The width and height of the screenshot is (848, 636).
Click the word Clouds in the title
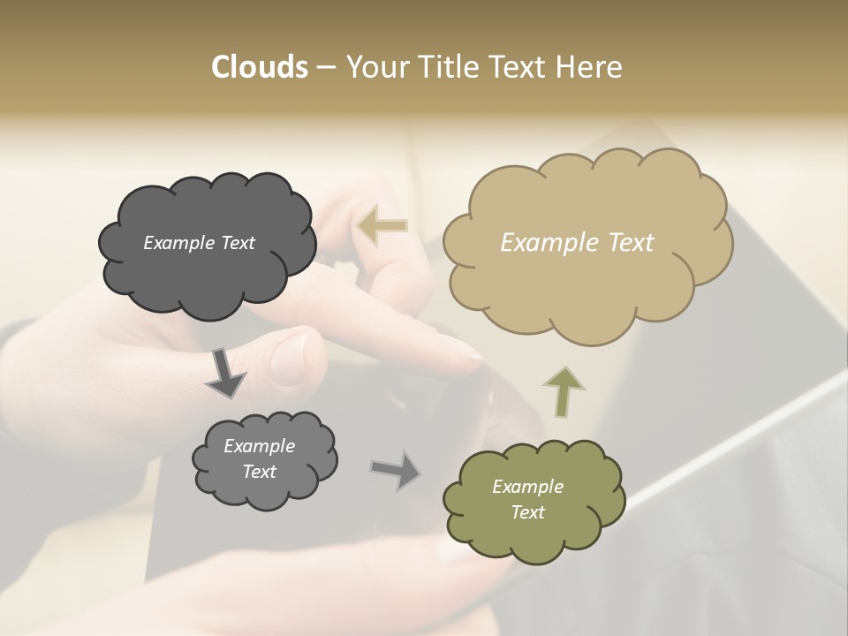(x=259, y=67)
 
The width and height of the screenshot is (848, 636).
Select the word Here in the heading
(x=590, y=67)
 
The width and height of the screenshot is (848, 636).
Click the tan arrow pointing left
(x=382, y=225)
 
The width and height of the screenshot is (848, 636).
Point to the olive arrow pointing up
(x=563, y=390)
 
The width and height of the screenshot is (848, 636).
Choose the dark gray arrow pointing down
(x=223, y=372)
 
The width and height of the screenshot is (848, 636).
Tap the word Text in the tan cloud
(x=631, y=243)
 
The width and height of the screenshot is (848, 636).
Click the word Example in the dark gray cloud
(x=179, y=243)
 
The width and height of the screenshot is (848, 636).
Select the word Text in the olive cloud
(x=527, y=512)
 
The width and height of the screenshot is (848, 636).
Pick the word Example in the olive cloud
(x=527, y=487)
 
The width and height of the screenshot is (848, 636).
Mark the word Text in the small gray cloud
(x=260, y=472)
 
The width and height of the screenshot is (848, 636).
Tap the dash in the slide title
(x=325, y=67)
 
